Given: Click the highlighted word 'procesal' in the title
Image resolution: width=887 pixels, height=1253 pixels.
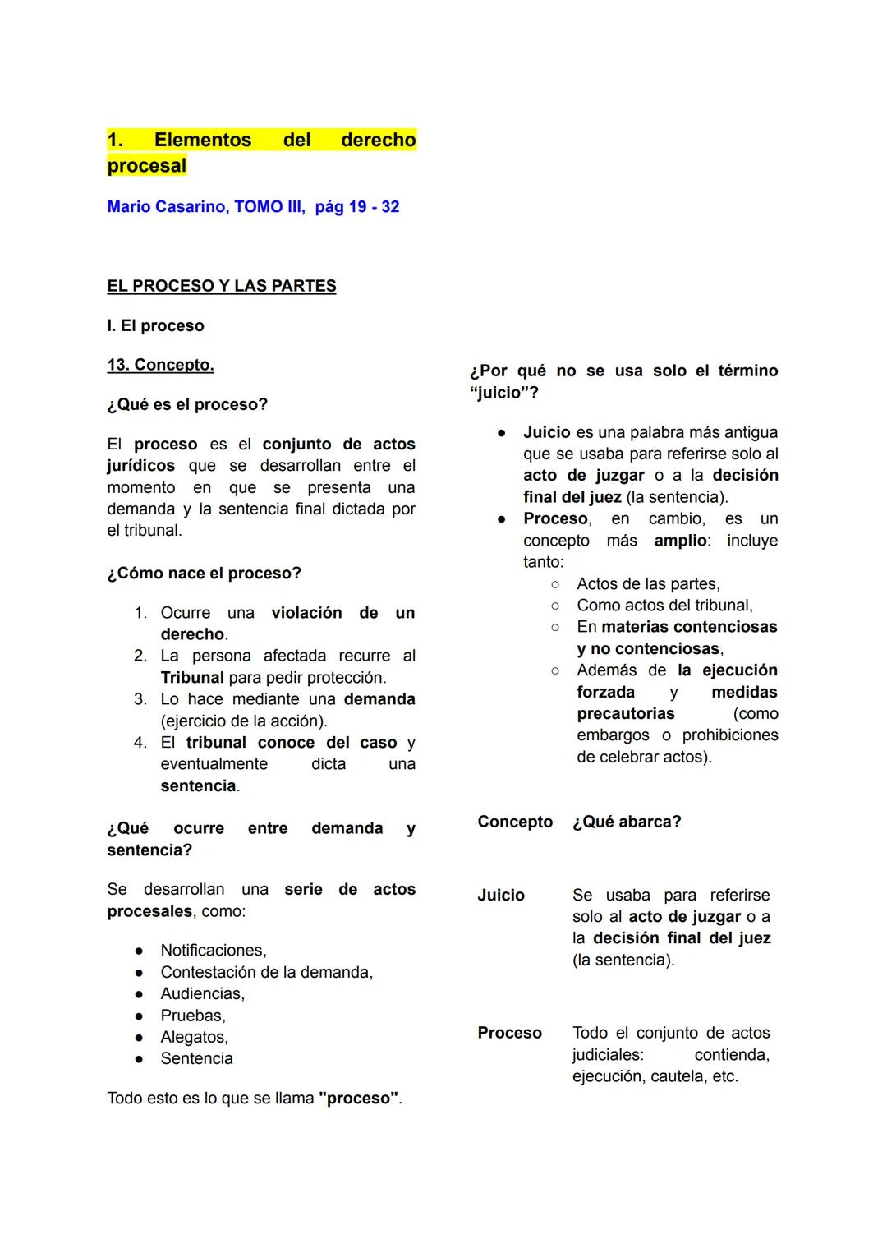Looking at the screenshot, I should (146, 166).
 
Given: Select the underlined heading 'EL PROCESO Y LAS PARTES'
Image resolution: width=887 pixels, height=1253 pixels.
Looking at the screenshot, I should (221, 286).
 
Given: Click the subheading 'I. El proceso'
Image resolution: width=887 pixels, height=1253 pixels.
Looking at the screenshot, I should (155, 325).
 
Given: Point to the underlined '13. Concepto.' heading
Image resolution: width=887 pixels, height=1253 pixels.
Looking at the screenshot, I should (160, 365).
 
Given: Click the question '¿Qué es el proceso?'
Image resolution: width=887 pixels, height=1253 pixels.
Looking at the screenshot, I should (187, 404).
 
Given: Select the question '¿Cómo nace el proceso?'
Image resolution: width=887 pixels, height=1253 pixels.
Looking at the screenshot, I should (204, 573).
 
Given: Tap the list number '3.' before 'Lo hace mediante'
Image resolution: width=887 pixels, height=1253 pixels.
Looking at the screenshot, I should (140, 699).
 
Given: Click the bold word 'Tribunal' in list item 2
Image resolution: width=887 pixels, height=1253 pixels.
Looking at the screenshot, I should (192, 678).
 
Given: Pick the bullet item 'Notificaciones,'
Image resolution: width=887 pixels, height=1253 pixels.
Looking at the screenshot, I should (214, 951).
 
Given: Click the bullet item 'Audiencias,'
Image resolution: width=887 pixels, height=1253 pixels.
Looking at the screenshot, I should (202, 994).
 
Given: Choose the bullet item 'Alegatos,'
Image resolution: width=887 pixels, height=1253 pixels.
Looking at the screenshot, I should (194, 1038).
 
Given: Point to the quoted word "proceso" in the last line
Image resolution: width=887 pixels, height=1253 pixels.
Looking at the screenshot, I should (358, 1099).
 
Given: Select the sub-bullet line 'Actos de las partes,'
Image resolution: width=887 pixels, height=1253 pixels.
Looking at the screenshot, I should (648, 584).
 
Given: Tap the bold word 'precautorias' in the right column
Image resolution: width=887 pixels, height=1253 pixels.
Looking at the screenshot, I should (625, 714).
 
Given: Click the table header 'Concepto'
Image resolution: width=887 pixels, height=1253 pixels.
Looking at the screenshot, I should (515, 822).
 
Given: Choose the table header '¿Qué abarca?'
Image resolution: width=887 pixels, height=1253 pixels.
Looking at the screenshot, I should (627, 822).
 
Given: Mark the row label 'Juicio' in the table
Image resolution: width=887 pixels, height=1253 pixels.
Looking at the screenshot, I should (501, 896).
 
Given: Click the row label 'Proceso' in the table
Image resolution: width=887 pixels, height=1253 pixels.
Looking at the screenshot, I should (509, 1033).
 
